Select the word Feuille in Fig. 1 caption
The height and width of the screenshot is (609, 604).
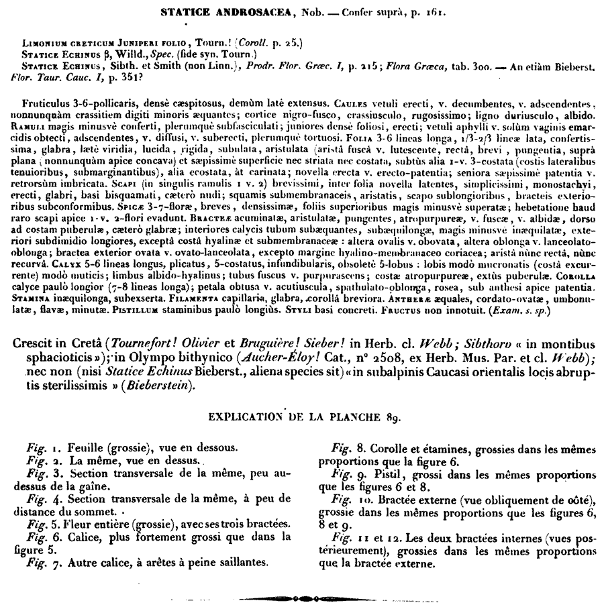(x=83, y=448)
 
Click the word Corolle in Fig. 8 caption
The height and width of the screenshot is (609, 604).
(x=389, y=448)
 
